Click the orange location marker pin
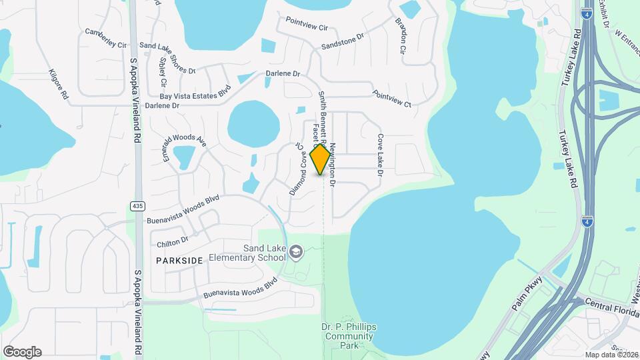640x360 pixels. pyautogui.click(x=321, y=159)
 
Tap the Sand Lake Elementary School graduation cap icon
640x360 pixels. pyautogui.click(x=297, y=251)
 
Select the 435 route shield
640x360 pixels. pyautogui.click(x=137, y=207)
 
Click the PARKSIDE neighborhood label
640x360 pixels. pyautogui.click(x=179, y=260)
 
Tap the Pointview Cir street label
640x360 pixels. pyautogui.click(x=307, y=27)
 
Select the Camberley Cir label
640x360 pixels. pyautogui.click(x=106, y=38)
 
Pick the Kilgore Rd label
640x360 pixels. pyautogui.click(x=59, y=85)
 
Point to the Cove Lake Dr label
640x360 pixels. pyautogui.click(x=381, y=155)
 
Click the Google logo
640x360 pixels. pyautogui.click(x=22, y=352)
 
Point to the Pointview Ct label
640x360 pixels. pyautogui.click(x=392, y=99)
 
